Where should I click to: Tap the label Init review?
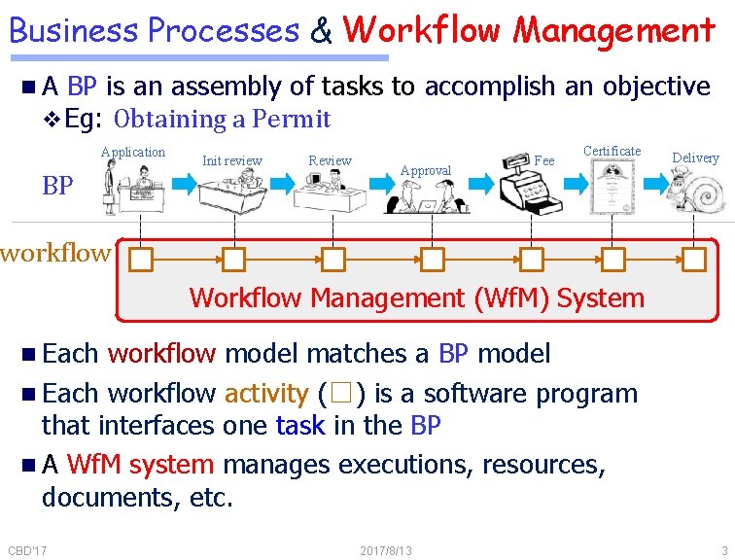click(x=231, y=160)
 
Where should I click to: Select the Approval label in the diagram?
click(x=426, y=170)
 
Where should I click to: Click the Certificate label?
click(x=612, y=151)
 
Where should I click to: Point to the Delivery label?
click(x=695, y=157)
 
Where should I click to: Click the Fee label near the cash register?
click(x=544, y=160)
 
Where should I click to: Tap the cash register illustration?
click(x=530, y=185)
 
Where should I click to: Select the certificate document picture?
click(x=612, y=187)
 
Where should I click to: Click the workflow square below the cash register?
click(x=531, y=261)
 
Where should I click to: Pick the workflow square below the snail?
click(x=693, y=261)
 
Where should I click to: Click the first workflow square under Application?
click(x=142, y=261)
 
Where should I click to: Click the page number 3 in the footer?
click(x=724, y=551)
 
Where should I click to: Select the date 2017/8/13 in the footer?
click(x=386, y=551)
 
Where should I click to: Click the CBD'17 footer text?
click(x=29, y=551)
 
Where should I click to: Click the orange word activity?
click(x=265, y=394)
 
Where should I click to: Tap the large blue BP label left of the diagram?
click(x=58, y=185)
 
